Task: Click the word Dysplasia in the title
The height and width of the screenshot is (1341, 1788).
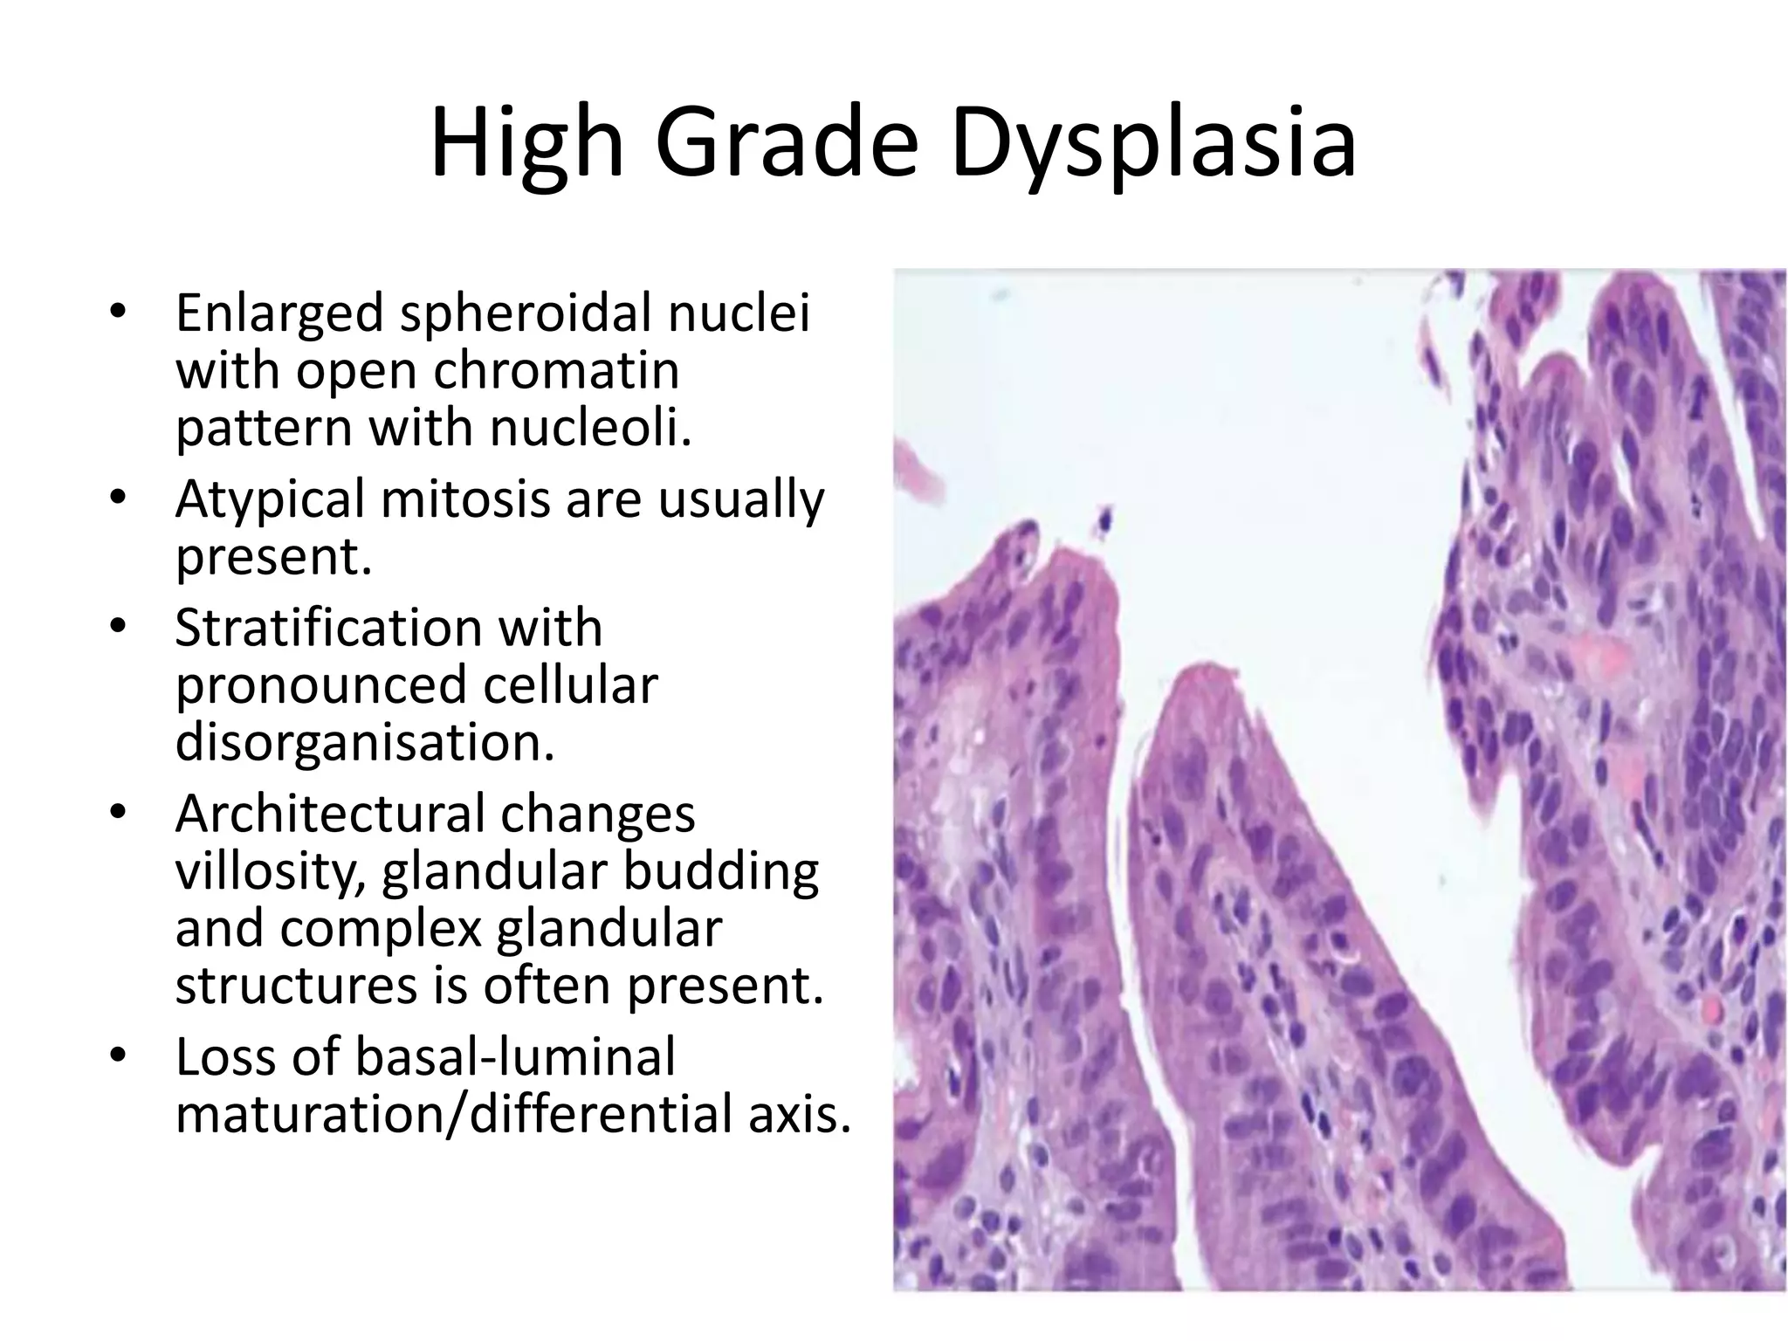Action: tap(1154, 144)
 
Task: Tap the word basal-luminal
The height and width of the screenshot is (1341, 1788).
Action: tap(515, 1056)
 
